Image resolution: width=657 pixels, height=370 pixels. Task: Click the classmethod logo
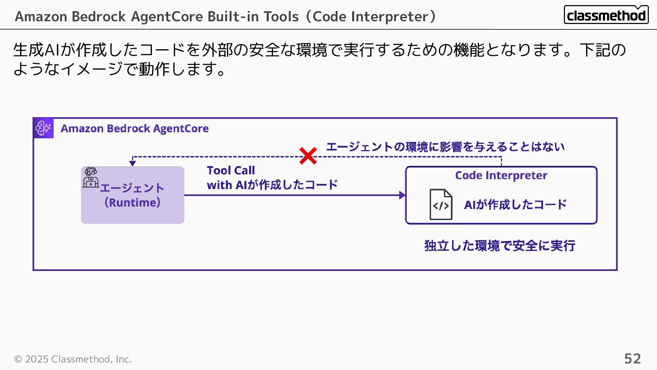[606, 15]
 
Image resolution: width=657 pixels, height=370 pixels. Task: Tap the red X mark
[308, 156]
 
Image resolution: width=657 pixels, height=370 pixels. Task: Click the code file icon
[441, 205]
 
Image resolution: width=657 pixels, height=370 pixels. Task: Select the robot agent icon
[91, 177]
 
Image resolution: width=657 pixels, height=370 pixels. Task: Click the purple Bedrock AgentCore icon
[43, 128]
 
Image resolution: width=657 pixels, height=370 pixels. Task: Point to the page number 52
[632, 359]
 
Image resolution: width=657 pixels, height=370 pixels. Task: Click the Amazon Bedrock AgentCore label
[134, 128]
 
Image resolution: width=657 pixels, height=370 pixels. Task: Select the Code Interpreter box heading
[501, 175]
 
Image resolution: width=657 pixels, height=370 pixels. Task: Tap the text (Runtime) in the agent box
[132, 202]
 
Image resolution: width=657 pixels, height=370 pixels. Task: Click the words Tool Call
[231, 170]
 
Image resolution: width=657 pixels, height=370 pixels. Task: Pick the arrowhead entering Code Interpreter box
[402, 195]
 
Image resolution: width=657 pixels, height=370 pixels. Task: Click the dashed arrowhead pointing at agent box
[132, 163]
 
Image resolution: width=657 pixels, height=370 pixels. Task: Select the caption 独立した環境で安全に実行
[500, 246]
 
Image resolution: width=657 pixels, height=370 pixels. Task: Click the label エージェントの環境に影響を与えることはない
[445, 147]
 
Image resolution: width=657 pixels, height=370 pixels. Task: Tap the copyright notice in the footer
[73, 359]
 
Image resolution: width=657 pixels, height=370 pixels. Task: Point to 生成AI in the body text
[37, 50]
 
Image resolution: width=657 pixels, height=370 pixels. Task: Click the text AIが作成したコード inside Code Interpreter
[515, 205]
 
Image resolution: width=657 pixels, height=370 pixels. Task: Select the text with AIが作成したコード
[272, 185]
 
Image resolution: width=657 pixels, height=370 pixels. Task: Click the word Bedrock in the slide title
[99, 16]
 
